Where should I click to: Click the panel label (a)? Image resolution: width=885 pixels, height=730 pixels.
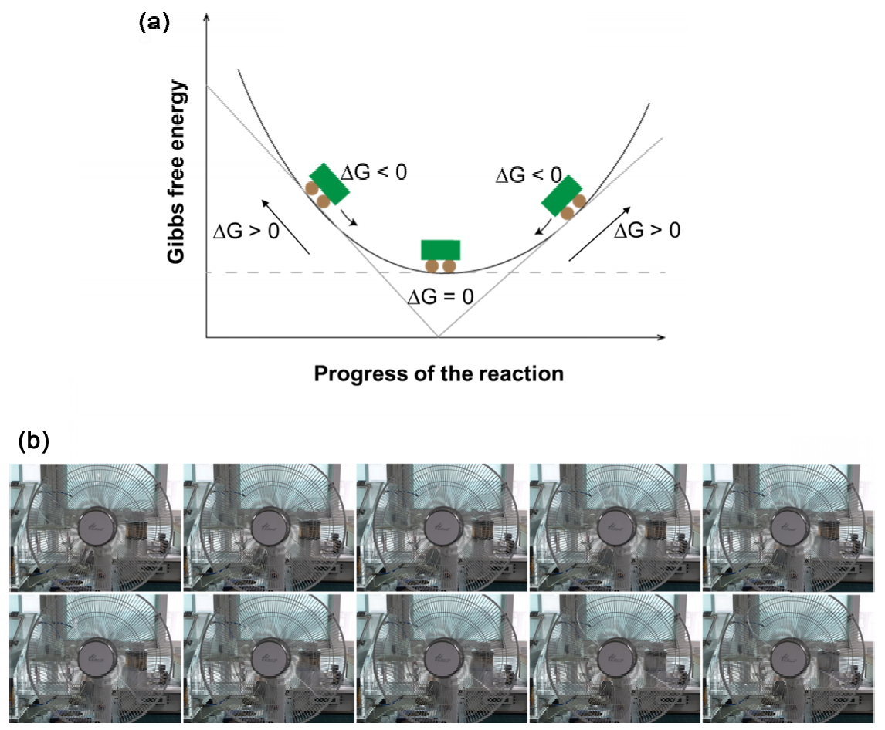153,22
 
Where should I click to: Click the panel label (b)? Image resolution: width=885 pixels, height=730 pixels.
33,441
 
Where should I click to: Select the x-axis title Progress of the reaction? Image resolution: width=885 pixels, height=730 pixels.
439,374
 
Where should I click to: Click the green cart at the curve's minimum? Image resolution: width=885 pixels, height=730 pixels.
440,254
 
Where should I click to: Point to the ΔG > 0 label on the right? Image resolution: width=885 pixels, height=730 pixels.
647,230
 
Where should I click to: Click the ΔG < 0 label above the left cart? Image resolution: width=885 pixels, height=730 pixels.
373,172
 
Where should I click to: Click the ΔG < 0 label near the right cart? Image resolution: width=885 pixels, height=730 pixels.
528,175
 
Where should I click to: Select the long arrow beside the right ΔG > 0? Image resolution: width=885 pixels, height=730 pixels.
600,233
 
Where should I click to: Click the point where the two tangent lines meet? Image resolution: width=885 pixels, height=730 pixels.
439,336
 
